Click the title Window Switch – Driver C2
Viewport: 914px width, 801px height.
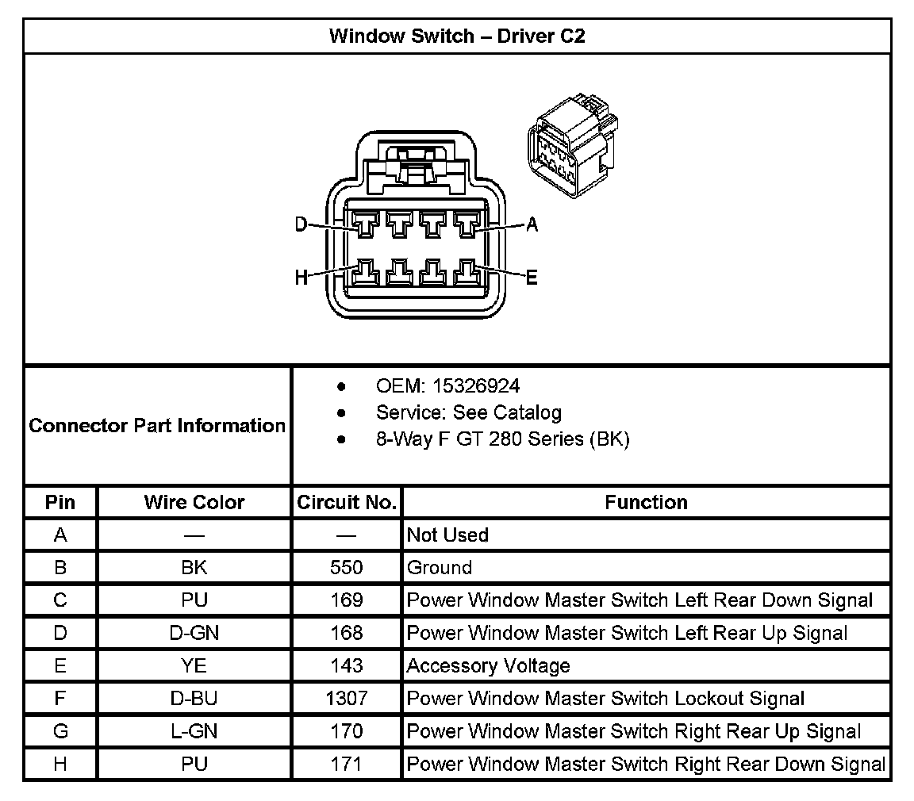pyautogui.click(x=457, y=36)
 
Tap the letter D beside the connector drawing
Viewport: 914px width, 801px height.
pyautogui.click(x=301, y=225)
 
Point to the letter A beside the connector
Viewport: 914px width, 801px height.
pyautogui.click(x=532, y=225)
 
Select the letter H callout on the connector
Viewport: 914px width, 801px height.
pyautogui.click(x=301, y=278)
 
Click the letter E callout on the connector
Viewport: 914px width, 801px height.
pyautogui.click(x=532, y=278)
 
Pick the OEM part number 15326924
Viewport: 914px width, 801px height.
pyautogui.click(x=474, y=386)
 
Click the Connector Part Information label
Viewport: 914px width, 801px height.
pyautogui.click(x=157, y=426)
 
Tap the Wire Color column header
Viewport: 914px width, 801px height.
pyautogui.click(x=194, y=503)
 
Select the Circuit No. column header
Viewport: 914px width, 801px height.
pyautogui.click(x=347, y=503)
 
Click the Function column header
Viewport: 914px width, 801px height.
pyautogui.click(x=646, y=503)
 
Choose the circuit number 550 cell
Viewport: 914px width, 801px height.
pyautogui.click(x=347, y=568)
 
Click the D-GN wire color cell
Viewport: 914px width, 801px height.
pyautogui.click(x=194, y=634)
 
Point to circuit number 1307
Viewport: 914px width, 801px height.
pyautogui.click(x=347, y=699)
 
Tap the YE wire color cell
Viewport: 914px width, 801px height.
pyautogui.click(x=194, y=666)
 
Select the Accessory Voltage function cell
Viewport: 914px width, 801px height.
pyautogui.click(x=488, y=666)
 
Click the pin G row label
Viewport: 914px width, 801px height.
pyautogui.click(x=60, y=731)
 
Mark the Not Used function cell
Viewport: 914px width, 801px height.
pyautogui.click(x=447, y=535)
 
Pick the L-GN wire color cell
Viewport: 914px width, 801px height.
pyautogui.click(x=194, y=731)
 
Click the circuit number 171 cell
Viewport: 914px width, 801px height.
pyautogui.click(x=347, y=765)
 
